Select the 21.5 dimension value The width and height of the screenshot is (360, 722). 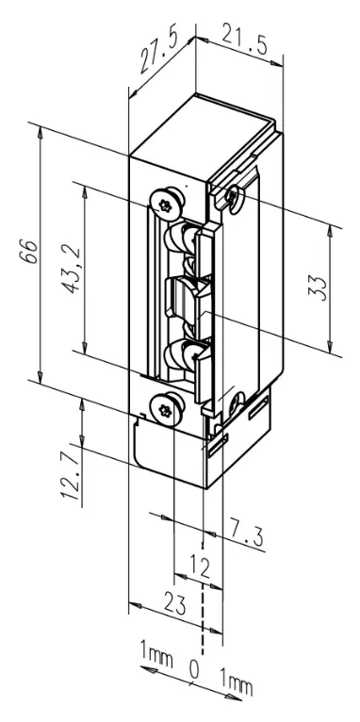tap(245, 41)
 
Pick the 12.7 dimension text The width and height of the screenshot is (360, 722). tap(70, 476)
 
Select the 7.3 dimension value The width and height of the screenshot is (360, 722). tap(247, 534)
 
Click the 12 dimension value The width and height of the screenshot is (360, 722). tap(200, 567)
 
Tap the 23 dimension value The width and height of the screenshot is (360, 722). tap(174, 604)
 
